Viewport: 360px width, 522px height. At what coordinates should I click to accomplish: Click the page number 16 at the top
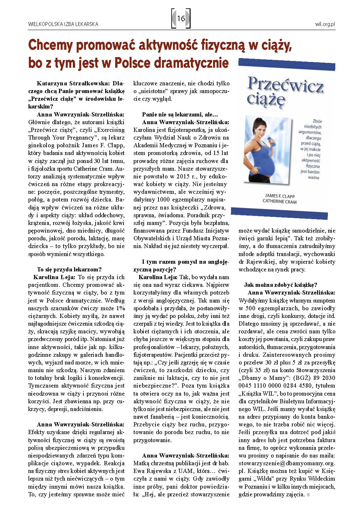pos(181,19)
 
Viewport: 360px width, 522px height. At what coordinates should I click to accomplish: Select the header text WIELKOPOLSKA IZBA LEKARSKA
pos(63,24)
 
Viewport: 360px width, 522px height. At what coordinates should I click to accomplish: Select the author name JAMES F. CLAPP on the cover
pos(279,196)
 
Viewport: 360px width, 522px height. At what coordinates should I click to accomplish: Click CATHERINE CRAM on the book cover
pos(279,201)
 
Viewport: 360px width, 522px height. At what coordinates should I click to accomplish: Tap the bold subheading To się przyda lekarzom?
pos(69,270)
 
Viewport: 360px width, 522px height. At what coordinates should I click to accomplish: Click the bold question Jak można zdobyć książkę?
pos(280,285)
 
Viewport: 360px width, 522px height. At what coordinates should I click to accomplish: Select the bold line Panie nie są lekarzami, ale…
pos(180,115)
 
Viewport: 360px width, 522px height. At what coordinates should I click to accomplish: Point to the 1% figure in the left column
pos(120,308)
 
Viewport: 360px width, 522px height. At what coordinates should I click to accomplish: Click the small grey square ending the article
pos(308,495)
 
